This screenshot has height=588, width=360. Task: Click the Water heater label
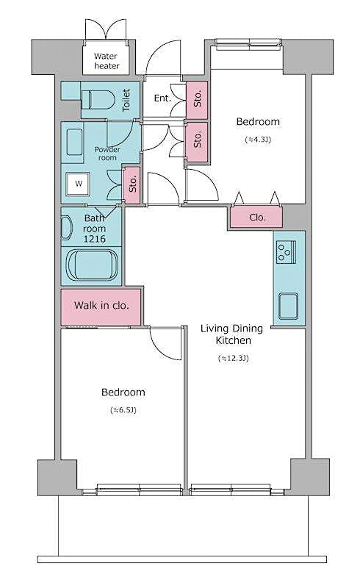point(106,61)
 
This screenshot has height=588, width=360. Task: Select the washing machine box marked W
point(77,184)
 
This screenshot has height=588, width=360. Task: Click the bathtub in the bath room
point(93,265)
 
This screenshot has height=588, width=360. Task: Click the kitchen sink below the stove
point(287,304)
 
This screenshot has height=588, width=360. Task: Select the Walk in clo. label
point(101,305)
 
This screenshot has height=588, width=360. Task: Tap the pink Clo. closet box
point(257,218)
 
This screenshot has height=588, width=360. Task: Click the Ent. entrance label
point(163,98)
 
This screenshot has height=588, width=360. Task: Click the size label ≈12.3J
point(234,359)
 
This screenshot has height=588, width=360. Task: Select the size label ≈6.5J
point(123,409)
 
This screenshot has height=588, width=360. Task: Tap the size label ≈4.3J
point(257,139)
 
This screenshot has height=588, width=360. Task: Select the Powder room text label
point(107,153)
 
